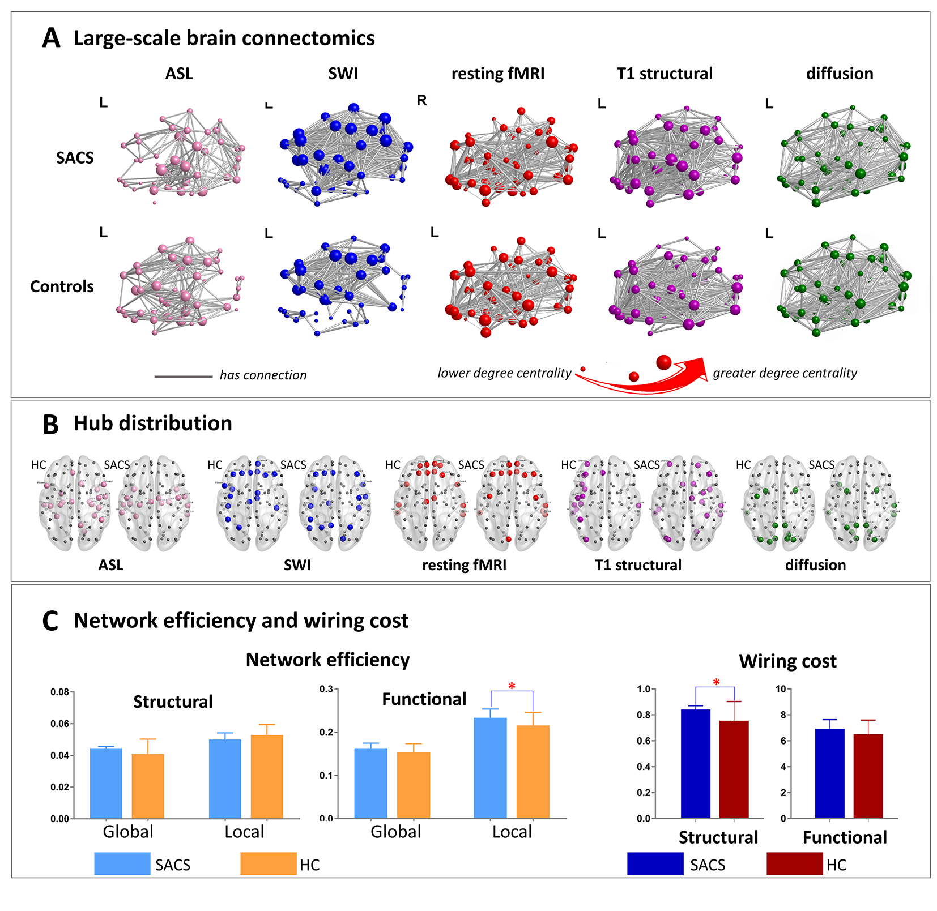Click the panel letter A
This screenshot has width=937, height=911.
51,39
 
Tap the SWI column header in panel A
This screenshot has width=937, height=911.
343,74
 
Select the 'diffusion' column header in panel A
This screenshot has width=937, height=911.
839,74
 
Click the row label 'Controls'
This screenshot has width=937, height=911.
62,286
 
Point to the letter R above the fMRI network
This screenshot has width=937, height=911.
421,101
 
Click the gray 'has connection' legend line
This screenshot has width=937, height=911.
183,377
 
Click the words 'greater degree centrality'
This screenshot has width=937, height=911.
785,373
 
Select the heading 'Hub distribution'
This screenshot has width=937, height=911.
153,424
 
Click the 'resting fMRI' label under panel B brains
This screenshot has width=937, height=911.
464,565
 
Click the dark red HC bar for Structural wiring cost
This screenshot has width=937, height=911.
734,769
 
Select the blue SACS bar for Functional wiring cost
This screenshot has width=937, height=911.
829,773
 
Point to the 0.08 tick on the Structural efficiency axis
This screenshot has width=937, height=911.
59,692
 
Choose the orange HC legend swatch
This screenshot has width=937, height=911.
268,864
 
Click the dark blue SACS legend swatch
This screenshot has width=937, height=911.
655,864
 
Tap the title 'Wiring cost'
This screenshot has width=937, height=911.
787,661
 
